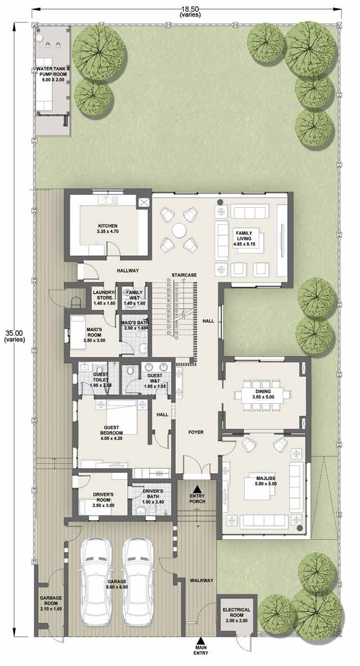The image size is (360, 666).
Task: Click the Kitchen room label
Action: click(x=108, y=229)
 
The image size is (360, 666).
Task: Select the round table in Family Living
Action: click(x=179, y=231)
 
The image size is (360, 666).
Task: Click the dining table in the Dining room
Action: click(x=263, y=396)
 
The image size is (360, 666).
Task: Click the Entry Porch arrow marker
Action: click(x=197, y=490)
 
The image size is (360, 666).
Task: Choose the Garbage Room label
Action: click(x=51, y=603)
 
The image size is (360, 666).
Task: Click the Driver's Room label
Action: click(x=103, y=498)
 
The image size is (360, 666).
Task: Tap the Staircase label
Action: click(x=184, y=275)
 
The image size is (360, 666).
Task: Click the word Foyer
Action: click(x=196, y=432)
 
